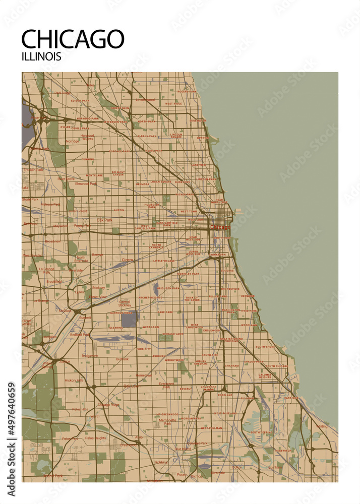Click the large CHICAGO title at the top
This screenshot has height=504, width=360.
click(x=73, y=39)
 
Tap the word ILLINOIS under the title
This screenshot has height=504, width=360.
click(x=41, y=56)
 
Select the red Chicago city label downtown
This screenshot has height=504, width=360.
click(x=220, y=227)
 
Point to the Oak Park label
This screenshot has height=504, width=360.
click(x=105, y=220)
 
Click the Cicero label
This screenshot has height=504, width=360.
click(x=127, y=260)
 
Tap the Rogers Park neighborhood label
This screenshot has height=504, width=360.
click(x=187, y=91)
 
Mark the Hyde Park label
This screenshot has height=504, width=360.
click(x=249, y=311)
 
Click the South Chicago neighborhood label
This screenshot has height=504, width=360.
click(x=277, y=366)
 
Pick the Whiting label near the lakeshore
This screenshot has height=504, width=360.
click(x=321, y=426)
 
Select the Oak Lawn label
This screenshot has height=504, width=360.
click(x=132, y=386)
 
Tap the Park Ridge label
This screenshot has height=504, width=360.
click(x=63, y=93)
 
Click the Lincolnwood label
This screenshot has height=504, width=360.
click(x=145, y=100)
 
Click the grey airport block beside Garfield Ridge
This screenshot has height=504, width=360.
click(x=129, y=319)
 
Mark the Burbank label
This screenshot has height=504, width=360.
click(x=122, y=359)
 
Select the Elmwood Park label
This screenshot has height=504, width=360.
click(x=85, y=183)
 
